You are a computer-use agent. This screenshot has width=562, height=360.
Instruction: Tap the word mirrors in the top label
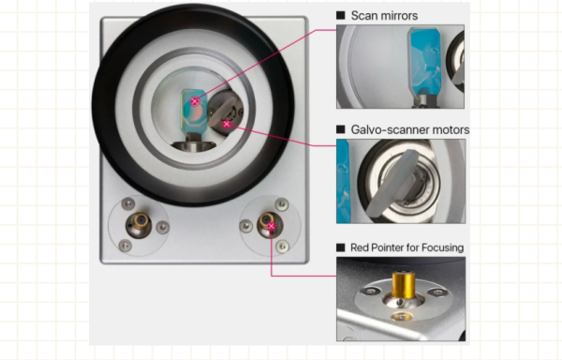point(401,16)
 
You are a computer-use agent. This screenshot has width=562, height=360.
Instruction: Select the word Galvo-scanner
point(389,129)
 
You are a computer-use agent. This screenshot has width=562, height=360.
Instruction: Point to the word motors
point(449,129)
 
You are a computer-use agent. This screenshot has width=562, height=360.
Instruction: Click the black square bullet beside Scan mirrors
point(341,16)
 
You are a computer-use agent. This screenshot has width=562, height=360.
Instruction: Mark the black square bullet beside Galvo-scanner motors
point(341,129)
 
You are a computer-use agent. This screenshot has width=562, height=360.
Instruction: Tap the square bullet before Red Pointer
point(341,247)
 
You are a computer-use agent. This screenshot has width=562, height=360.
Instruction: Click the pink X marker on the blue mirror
point(195,101)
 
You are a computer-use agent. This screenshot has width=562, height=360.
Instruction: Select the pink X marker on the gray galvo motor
point(227,124)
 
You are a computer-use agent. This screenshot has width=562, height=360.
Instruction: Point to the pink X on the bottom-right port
point(271,226)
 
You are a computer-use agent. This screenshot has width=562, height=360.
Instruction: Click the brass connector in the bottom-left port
point(140,223)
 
